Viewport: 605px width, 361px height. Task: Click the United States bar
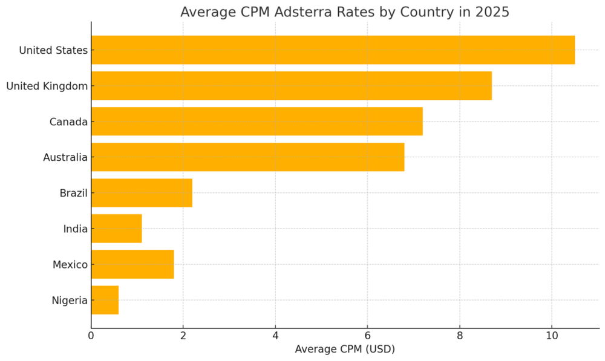click(333, 50)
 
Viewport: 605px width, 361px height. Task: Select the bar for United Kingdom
click(291, 86)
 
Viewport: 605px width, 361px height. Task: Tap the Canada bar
click(257, 122)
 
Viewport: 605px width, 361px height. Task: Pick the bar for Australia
click(247, 157)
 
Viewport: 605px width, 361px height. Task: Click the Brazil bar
click(142, 193)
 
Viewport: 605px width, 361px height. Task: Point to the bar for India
click(116, 229)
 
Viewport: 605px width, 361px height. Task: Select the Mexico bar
click(132, 264)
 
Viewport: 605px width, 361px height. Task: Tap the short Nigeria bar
click(105, 300)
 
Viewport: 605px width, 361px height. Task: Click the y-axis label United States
click(53, 50)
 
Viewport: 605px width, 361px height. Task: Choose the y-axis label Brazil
click(73, 194)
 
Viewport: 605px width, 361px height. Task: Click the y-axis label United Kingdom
click(47, 86)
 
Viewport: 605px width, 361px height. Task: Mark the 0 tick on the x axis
click(91, 335)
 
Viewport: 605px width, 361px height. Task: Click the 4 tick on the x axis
click(275, 335)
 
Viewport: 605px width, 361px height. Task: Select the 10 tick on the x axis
click(551, 335)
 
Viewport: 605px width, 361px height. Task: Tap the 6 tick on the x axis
click(367, 335)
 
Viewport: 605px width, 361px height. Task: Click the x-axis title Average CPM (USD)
click(344, 349)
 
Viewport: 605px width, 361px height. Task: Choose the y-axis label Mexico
click(70, 264)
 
